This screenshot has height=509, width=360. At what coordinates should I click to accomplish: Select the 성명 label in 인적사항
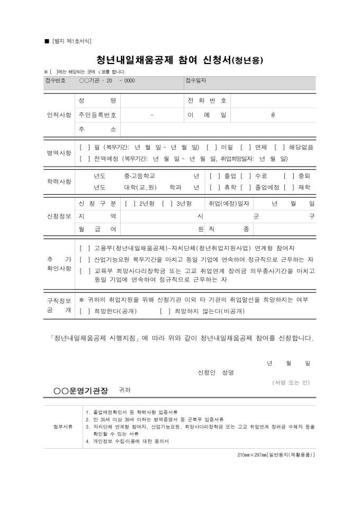coord(97,101)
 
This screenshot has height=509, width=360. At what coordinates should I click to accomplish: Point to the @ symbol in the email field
coord(273,115)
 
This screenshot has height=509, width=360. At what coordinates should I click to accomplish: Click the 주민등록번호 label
coord(97,115)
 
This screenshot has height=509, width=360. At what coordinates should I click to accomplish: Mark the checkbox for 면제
coord(244,147)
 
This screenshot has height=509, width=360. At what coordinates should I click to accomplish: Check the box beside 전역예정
coord(83,158)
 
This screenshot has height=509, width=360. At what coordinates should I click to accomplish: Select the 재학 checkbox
coord(287,187)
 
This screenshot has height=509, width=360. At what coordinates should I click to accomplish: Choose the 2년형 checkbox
coord(129,204)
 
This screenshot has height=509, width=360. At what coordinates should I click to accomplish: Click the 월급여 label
coord(97,229)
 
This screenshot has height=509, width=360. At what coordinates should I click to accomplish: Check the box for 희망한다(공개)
coord(83,311)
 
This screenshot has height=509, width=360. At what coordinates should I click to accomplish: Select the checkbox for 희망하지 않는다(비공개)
coord(164,311)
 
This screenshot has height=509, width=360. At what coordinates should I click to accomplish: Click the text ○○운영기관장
coord(80,390)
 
